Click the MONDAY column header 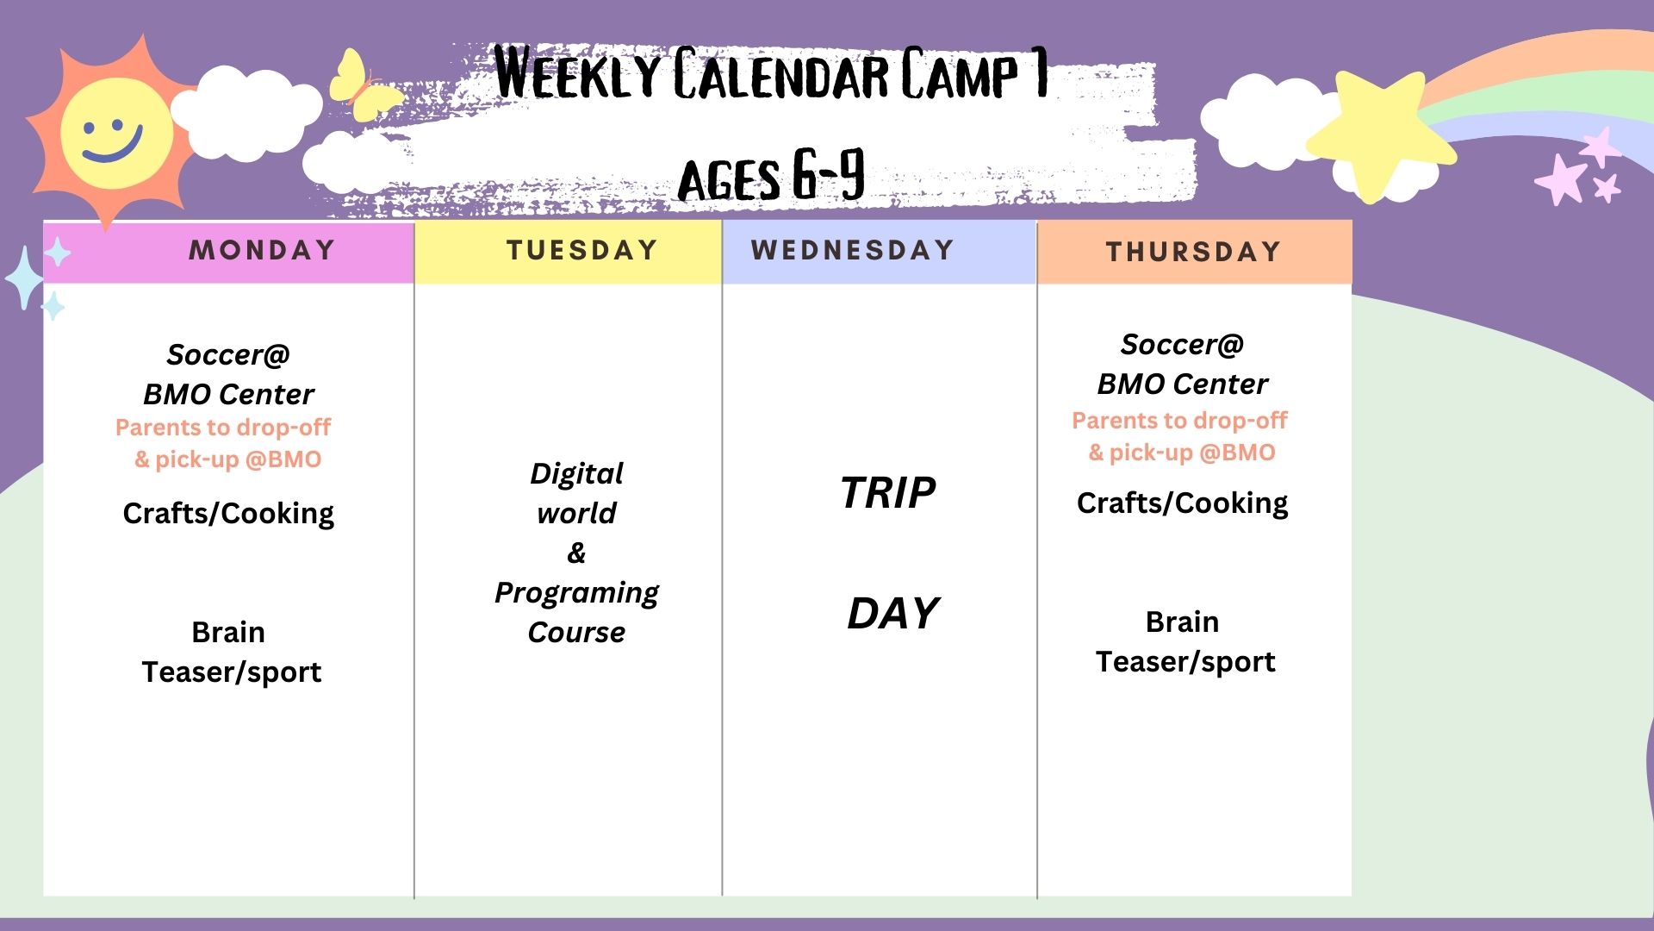coord(262,250)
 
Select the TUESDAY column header coord(582,250)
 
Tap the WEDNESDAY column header coord(853,250)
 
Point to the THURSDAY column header coord(1194,252)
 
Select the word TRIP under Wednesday coord(888,493)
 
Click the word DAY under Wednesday coord(892,614)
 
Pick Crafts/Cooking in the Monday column coord(228,514)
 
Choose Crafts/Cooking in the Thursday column coord(1182,503)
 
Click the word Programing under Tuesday coord(576,593)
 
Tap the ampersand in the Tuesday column coord(576,553)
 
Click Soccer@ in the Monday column coord(228,354)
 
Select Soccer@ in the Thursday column coord(1182,344)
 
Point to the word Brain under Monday coord(228,632)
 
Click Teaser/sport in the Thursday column coord(1185,662)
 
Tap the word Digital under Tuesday coord(576,474)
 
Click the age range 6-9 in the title coord(828,175)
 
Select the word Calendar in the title coord(780,75)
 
